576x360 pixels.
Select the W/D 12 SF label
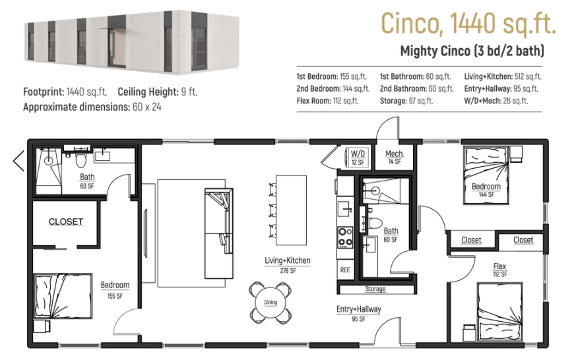358,157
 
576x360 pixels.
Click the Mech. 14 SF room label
394,157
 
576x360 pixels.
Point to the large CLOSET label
66,222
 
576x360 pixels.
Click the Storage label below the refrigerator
375,289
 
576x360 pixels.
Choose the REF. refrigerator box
345,270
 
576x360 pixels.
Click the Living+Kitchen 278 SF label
288,265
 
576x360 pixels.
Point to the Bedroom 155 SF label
115,289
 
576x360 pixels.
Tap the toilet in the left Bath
80,160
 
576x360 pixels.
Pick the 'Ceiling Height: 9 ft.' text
157,92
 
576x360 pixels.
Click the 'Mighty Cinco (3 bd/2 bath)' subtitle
472,51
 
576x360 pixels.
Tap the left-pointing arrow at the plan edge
18,160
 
